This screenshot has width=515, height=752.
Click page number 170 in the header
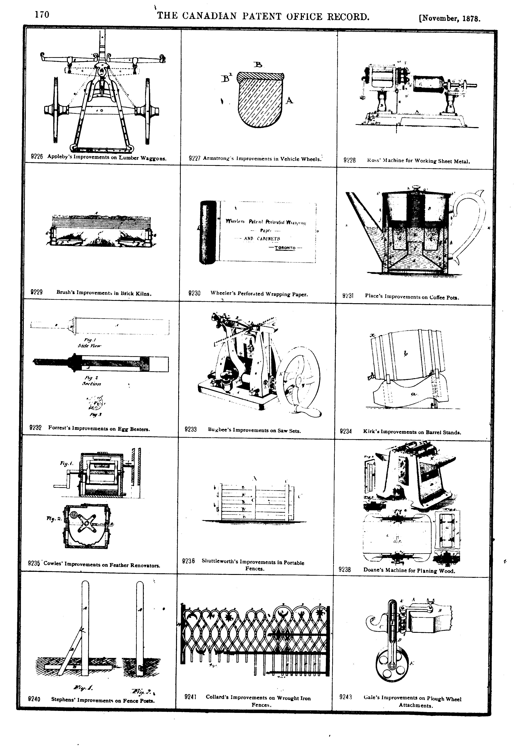coord(42,15)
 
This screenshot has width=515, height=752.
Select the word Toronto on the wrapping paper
coord(285,248)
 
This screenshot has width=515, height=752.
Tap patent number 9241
coord(190,697)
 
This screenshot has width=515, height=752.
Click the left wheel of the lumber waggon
coord(55,110)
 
